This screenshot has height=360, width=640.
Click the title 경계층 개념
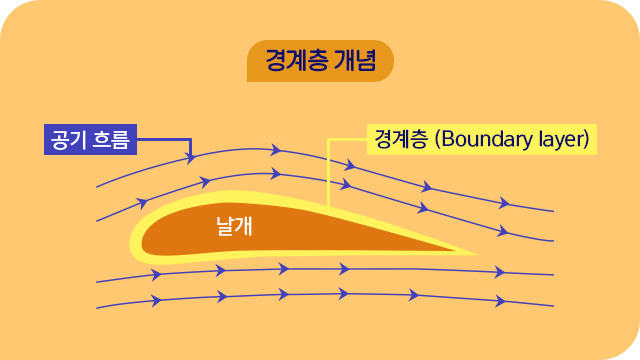[x=320, y=59]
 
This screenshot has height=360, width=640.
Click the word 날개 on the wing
[x=234, y=227]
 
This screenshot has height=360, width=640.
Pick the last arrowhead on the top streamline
[x=504, y=203]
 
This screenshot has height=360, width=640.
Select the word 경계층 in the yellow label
[x=398, y=138]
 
